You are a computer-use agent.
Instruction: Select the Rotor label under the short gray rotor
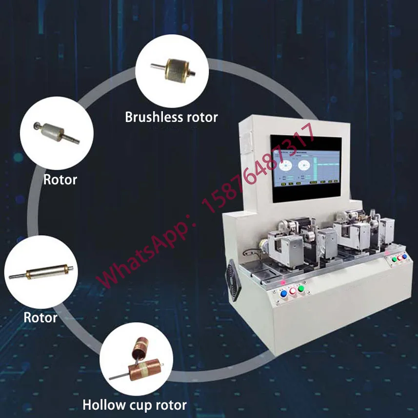click(60, 179)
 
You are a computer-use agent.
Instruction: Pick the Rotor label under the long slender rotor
click(40, 318)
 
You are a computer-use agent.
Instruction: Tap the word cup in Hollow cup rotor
click(138, 405)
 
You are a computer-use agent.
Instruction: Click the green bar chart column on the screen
click(319, 170)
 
